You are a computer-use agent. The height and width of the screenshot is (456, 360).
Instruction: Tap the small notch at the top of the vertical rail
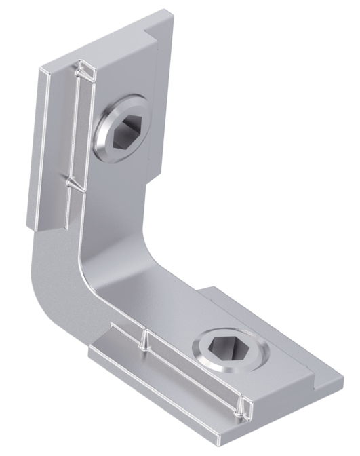click(86, 68)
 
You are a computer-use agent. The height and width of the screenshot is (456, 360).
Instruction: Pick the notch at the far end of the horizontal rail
click(242, 407)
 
